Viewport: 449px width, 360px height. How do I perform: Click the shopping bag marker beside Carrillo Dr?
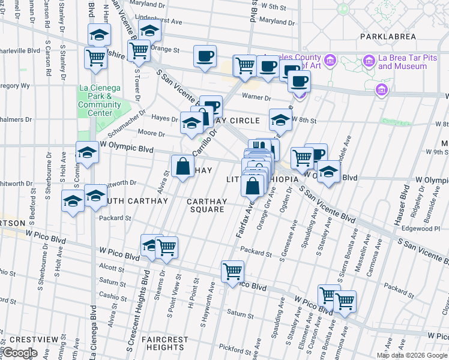coord(182,168)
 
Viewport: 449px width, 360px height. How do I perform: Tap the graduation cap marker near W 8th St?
coord(280,120)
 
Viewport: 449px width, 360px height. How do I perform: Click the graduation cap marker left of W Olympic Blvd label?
coord(87,153)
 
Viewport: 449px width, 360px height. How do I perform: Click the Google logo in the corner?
coord(20,353)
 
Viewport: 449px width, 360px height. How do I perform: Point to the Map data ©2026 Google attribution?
coord(412,355)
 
